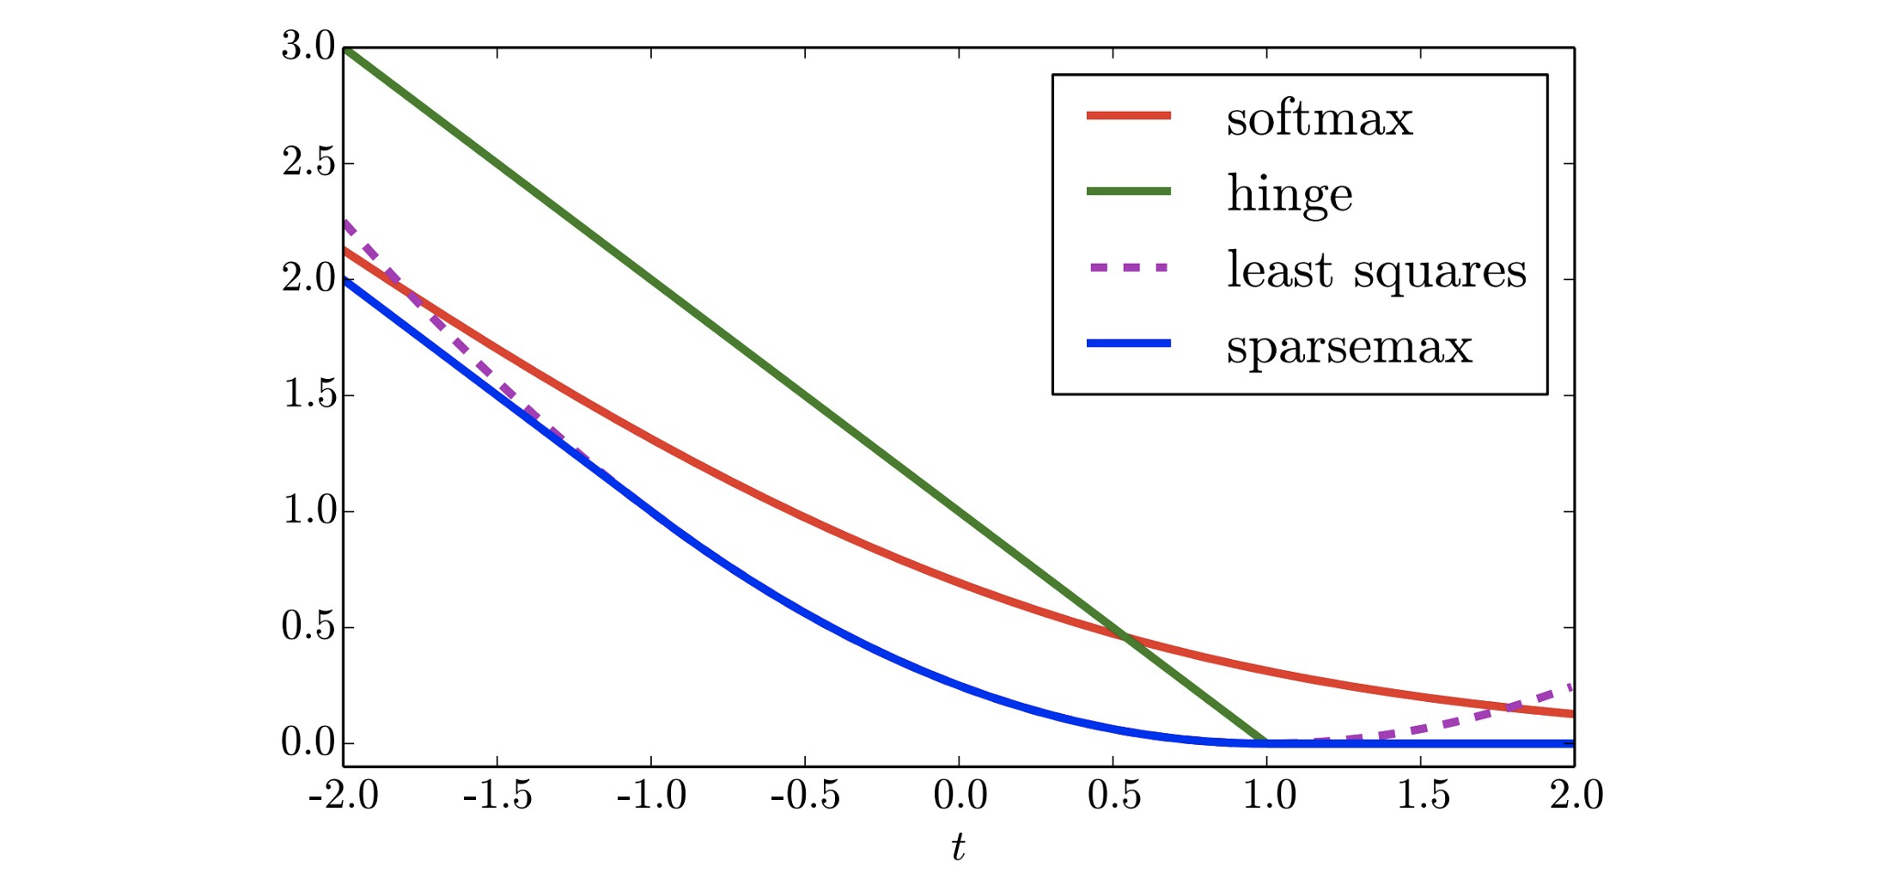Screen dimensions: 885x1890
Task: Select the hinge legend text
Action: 1289,193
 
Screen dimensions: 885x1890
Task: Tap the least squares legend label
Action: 1376,270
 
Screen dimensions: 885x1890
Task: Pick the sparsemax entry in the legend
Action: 1349,346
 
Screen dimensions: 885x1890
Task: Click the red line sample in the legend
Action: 1129,115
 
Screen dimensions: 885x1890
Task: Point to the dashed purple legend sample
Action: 1129,267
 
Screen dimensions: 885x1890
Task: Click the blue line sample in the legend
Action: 1129,344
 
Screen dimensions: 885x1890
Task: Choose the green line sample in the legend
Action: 1129,191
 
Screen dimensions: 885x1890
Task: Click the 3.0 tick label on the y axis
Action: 308,46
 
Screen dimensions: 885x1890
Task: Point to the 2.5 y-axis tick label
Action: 308,162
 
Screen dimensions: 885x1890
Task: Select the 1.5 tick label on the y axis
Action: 308,394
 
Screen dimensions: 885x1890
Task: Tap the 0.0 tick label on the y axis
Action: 308,742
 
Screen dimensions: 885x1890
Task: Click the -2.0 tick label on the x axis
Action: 344,795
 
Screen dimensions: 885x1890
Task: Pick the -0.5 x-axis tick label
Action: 805,795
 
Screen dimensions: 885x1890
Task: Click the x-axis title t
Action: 958,847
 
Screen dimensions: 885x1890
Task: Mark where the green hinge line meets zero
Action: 1266,742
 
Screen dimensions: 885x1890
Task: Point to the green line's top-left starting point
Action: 344,48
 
